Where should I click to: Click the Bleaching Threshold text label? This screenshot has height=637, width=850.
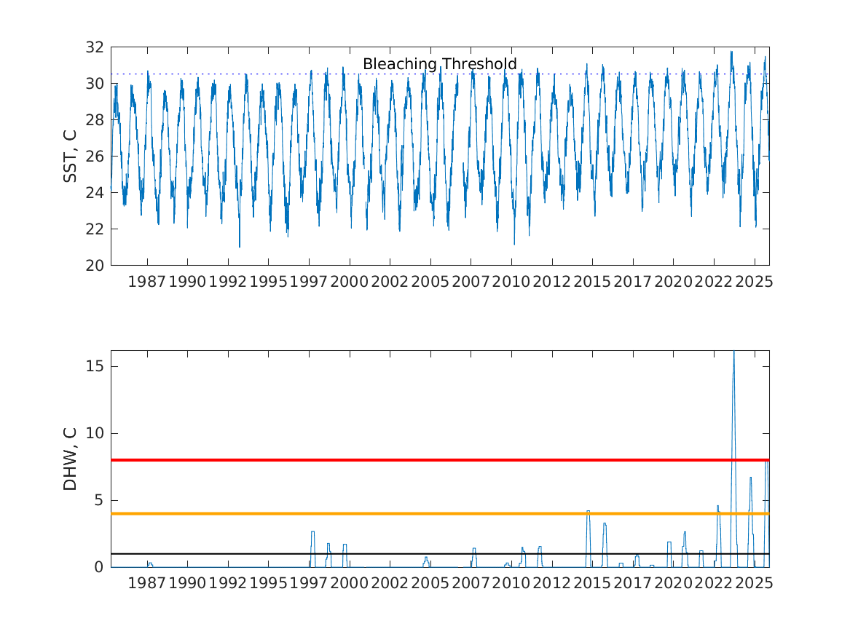[x=439, y=64]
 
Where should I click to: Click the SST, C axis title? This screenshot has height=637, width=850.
[x=70, y=156]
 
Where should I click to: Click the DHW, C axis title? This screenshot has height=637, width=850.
[x=70, y=459]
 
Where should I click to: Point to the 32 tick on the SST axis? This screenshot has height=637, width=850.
[x=95, y=47]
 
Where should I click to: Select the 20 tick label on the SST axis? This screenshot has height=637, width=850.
[x=95, y=266]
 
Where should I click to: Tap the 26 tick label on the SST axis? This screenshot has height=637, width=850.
[x=95, y=157]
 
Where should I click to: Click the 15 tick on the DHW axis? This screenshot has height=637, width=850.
[x=95, y=366]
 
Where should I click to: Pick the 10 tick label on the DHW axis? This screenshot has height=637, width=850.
[x=95, y=433]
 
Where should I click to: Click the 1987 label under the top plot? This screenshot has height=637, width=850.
[x=147, y=282]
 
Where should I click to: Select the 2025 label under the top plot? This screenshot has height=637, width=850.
[x=754, y=282]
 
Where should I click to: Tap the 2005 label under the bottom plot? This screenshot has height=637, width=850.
[x=430, y=583]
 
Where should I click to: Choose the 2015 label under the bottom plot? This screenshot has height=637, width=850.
[x=591, y=583]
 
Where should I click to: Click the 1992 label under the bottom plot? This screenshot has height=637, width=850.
[x=228, y=583]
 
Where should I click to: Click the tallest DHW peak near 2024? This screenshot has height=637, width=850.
[x=733, y=354]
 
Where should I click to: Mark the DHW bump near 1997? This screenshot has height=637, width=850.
[x=312, y=532]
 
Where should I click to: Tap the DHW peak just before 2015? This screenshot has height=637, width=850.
[x=588, y=511]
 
